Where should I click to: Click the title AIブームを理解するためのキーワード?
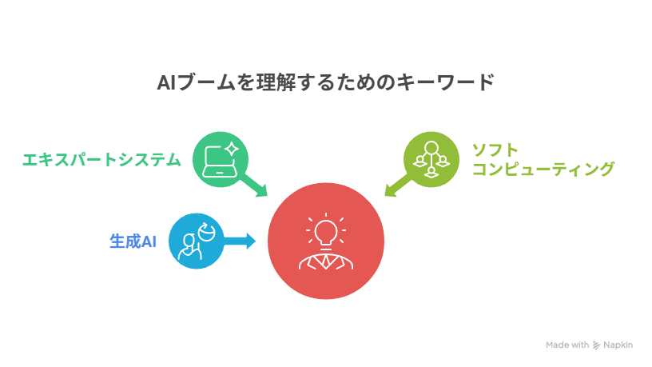point(325,82)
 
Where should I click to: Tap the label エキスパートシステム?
point(102,160)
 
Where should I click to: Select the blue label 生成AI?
point(133,241)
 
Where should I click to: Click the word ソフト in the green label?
point(495,150)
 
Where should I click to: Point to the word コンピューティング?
point(543,169)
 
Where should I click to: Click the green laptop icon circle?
point(221,159)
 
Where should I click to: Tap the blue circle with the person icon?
point(197,241)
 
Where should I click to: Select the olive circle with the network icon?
point(431,159)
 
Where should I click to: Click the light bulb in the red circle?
point(326,233)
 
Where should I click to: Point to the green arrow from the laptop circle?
point(253,185)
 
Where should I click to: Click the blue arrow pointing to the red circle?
point(239,241)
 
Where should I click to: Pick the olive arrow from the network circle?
point(398,185)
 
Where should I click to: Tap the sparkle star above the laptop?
point(232,149)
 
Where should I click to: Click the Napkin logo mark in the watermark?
point(596,345)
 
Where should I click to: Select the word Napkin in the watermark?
point(618,345)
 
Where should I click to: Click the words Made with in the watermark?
point(567,345)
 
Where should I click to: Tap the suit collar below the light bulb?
point(326,261)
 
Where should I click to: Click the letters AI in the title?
point(166,82)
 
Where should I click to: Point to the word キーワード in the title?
point(445,82)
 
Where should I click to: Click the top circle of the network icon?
point(431,147)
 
